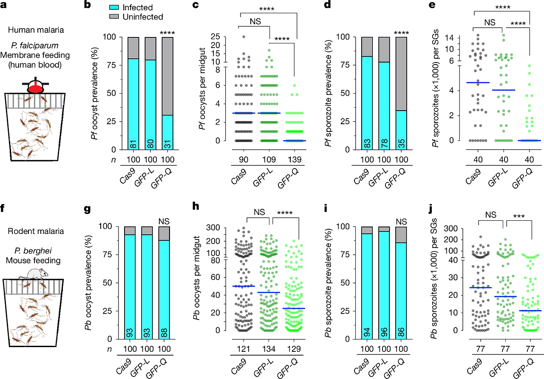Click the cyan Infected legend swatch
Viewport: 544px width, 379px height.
click(x=114, y=7)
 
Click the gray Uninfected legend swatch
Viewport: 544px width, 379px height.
click(x=114, y=17)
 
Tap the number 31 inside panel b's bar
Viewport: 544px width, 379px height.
click(x=168, y=145)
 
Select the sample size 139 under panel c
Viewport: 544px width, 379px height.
click(x=294, y=160)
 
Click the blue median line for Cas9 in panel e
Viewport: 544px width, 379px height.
click(x=478, y=83)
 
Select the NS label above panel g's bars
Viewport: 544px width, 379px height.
click(x=164, y=221)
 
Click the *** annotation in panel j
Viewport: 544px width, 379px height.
click(x=519, y=216)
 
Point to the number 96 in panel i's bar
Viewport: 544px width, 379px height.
click(x=384, y=332)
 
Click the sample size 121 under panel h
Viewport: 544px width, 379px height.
click(x=244, y=349)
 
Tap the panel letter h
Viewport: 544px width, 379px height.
click(x=196, y=206)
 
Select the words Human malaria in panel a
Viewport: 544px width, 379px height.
click(x=36, y=30)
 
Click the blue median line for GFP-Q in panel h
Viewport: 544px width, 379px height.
click(x=294, y=308)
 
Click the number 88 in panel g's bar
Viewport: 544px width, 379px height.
click(x=164, y=333)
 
